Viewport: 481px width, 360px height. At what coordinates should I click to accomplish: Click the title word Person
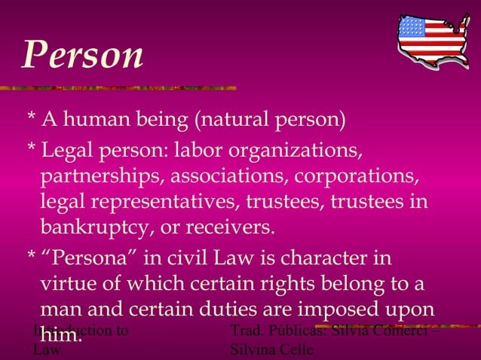click(82, 54)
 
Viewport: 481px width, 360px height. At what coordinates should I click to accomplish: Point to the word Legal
click(69, 151)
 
